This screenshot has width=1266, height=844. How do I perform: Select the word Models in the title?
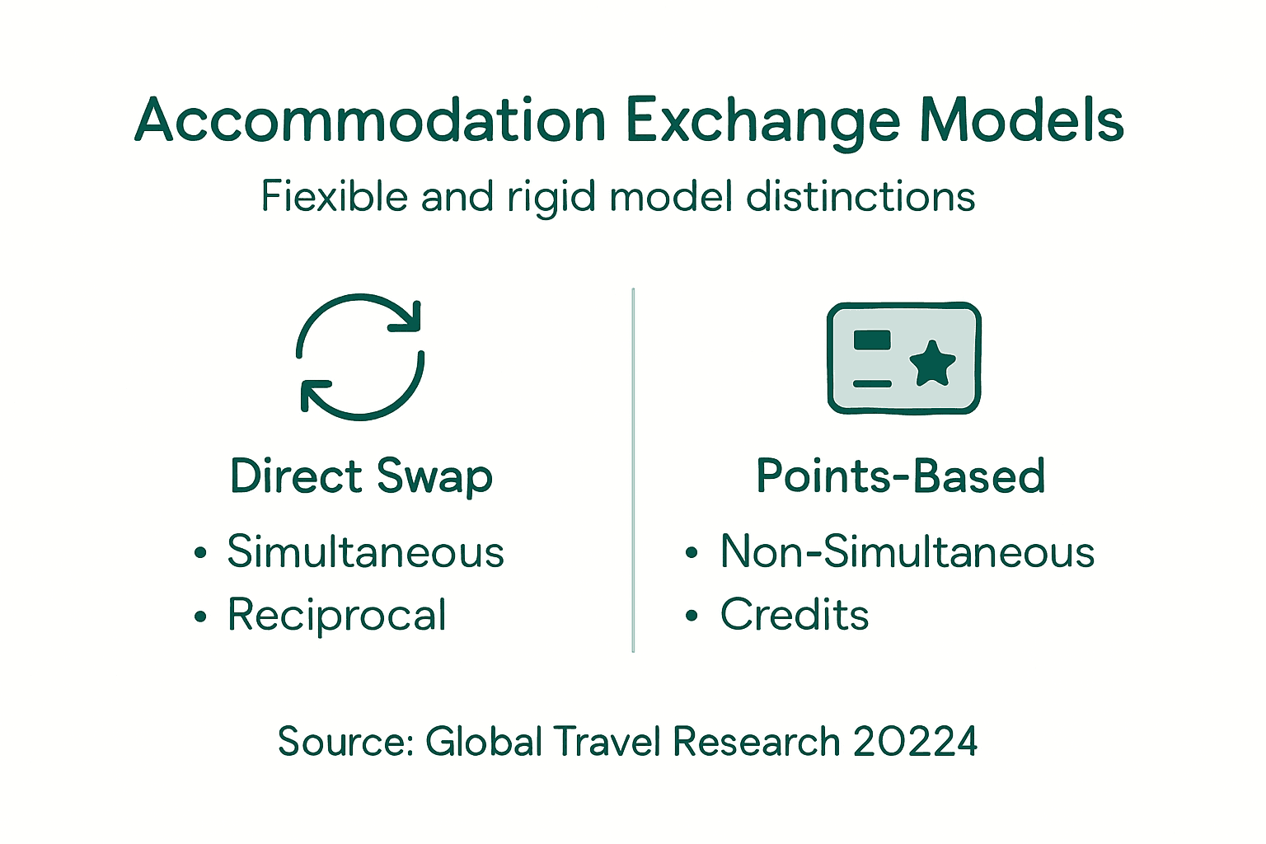(1021, 121)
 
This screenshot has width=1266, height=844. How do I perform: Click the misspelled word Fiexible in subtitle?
(335, 197)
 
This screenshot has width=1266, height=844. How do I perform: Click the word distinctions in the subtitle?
(860, 197)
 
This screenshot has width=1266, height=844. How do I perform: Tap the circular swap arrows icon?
(360, 357)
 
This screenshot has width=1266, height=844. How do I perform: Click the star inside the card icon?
(932, 363)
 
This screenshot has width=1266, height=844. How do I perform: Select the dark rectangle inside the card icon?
(872, 340)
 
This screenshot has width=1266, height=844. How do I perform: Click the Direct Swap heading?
(361, 477)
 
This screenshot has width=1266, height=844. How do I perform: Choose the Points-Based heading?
(901, 477)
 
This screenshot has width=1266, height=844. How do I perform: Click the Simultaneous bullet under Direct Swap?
(365, 551)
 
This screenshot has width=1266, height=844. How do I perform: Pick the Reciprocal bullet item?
(337, 615)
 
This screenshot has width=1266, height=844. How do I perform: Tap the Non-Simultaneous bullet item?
(907, 551)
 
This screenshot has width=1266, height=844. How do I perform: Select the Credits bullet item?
(795, 615)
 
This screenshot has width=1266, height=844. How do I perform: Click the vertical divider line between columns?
(633, 470)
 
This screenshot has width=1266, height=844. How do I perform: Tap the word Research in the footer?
(756, 741)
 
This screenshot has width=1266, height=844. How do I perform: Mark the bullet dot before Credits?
(692, 617)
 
